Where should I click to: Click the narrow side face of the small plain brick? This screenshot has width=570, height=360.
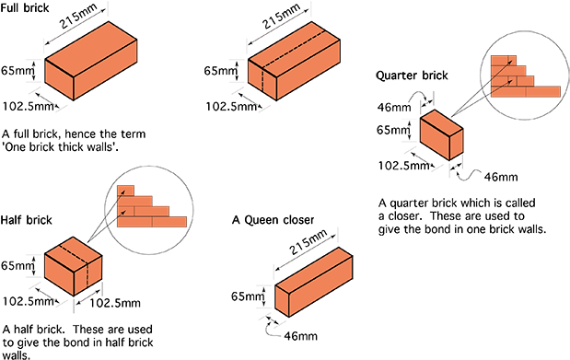[x=456, y=144]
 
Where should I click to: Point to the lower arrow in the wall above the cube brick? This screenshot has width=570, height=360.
[x=122, y=213]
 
